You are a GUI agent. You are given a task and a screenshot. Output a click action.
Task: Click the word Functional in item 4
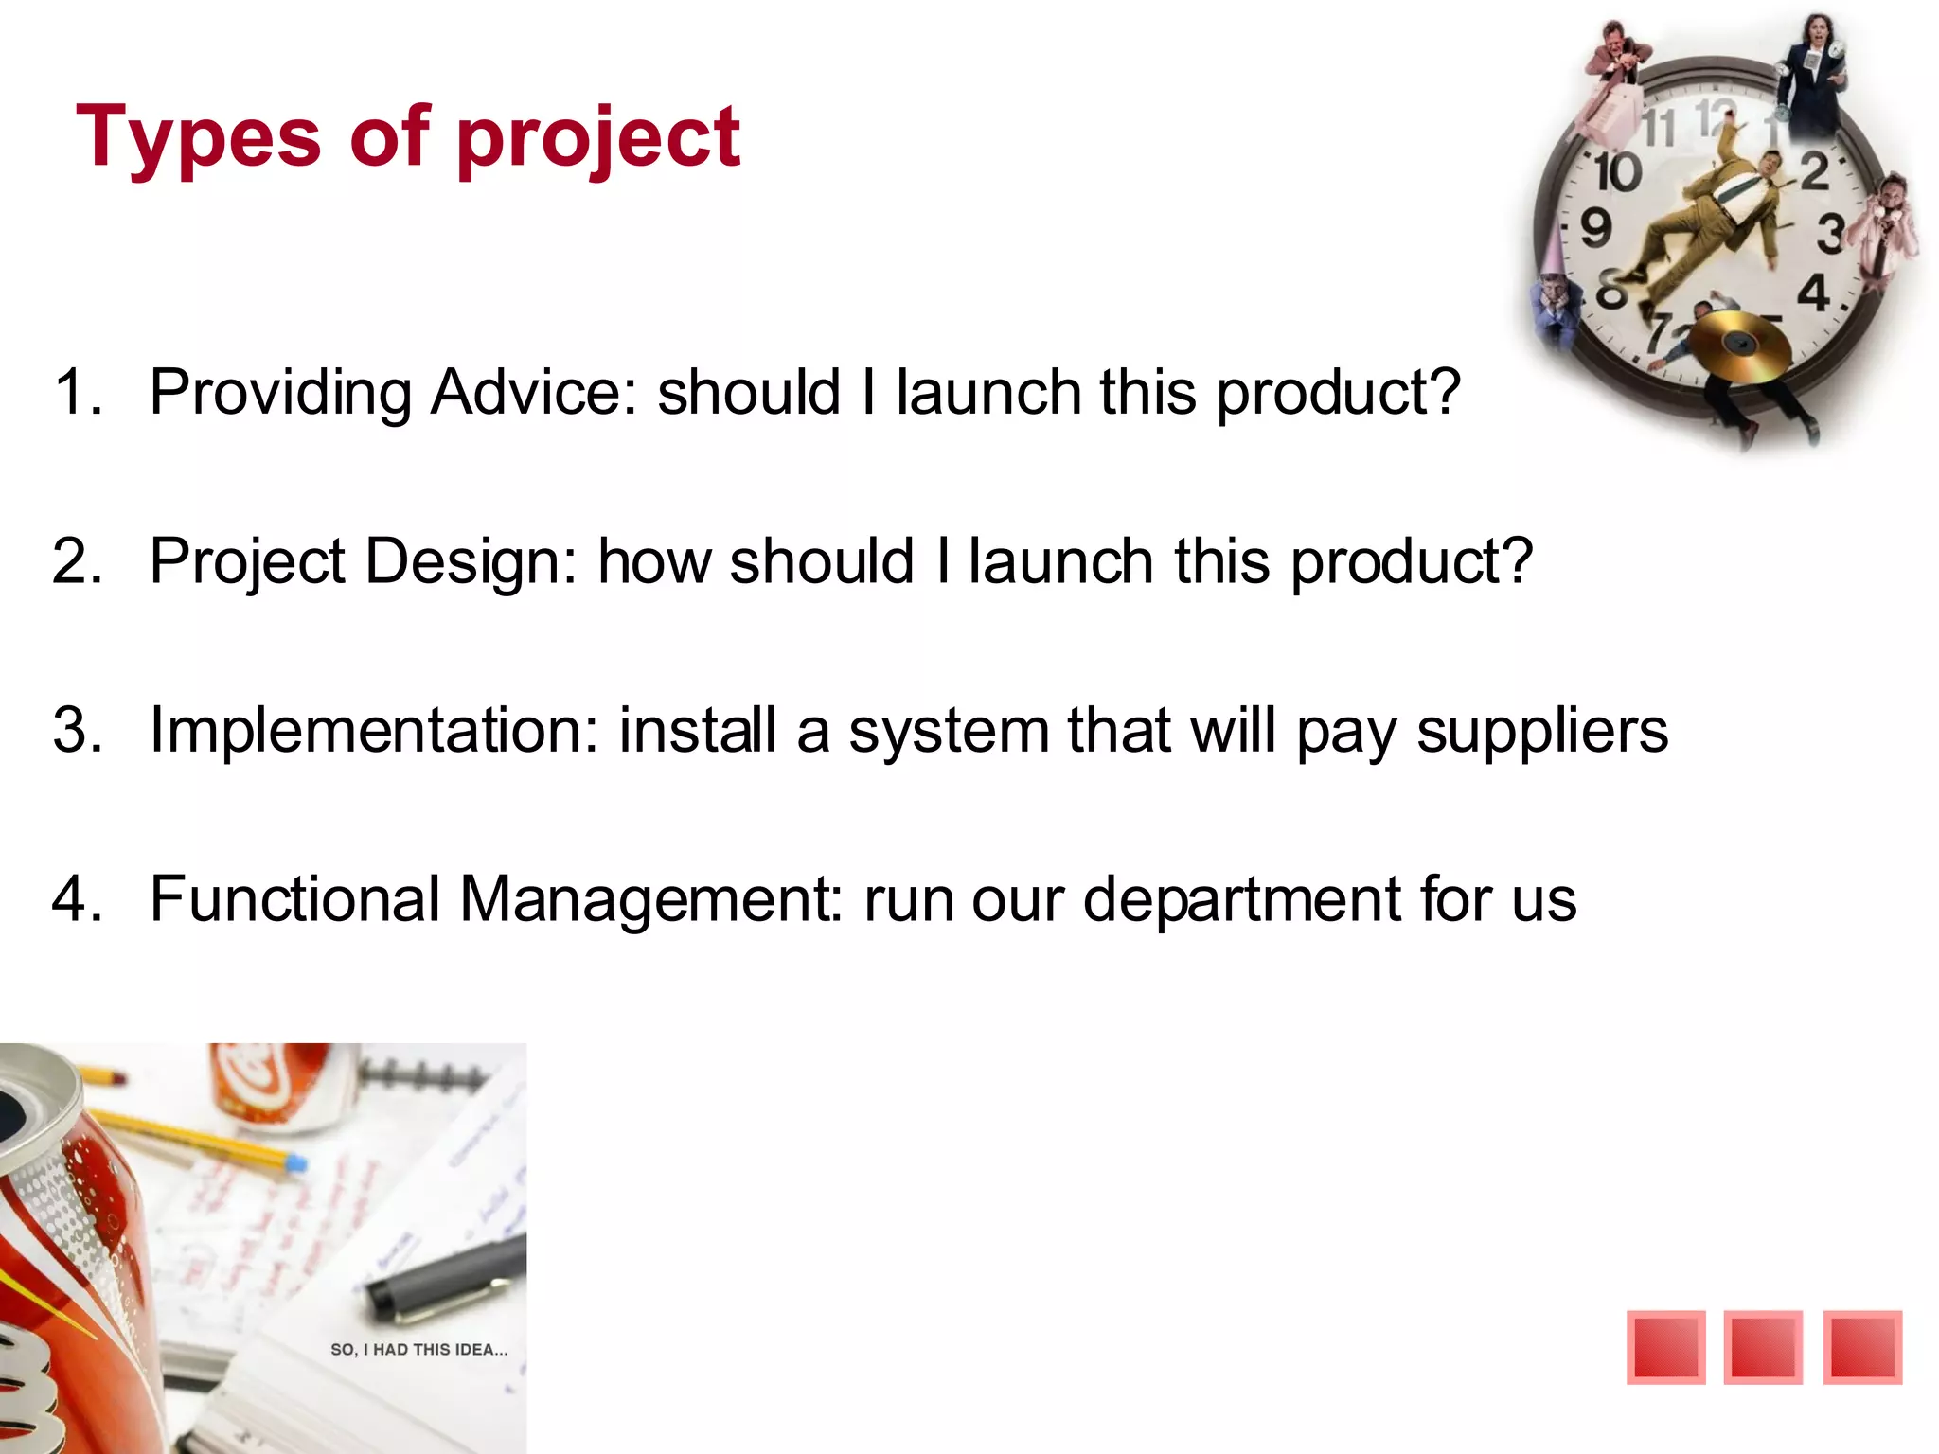pos(294,898)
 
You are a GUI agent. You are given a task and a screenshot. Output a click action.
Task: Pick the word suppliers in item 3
pos(1541,731)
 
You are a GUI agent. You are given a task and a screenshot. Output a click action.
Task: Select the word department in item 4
pos(1240,898)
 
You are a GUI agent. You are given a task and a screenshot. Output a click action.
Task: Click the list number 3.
pos(78,731)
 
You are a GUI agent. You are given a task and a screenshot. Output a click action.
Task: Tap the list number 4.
pos(78,898)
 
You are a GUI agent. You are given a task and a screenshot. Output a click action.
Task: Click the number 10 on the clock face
pos(1617,172)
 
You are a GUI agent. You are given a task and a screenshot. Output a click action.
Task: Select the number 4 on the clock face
pos(1813,293)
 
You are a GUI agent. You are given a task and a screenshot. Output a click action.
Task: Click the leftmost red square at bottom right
pos(1665,1347)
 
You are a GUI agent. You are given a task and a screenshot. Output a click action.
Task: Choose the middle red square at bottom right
pos(1763,1347)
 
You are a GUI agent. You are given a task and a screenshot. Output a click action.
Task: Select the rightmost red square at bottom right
pos(1862,1347)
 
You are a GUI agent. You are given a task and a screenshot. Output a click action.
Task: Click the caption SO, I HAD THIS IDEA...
pos(418,1350)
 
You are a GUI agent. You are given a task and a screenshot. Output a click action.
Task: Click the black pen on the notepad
pos(445,1278)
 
